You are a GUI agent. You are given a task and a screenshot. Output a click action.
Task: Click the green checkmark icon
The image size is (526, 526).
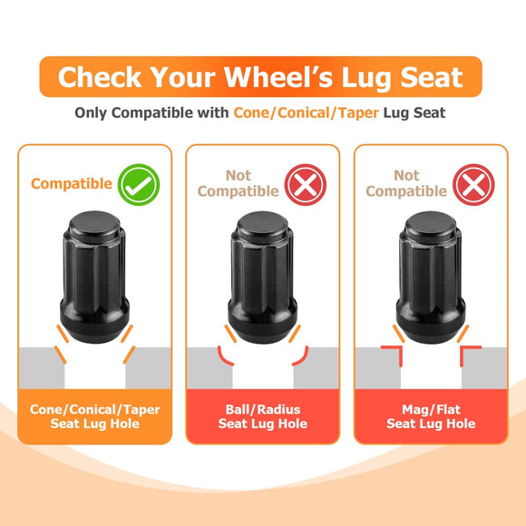tap(139, 184)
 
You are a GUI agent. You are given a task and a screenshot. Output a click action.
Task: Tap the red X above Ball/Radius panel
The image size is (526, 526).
tap(306, 184)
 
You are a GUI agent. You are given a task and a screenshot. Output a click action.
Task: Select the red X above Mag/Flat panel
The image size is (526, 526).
tap(473, 184)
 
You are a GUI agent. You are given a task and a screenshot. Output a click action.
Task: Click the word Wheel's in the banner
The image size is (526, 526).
tap(278, 77)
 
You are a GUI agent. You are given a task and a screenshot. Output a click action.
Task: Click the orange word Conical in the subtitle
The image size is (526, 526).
tap(304, 112)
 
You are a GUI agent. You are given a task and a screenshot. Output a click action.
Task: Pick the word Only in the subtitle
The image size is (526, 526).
tap(91, 113)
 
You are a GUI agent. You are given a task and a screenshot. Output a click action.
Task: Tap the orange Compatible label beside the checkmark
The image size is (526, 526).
tap(72, 184)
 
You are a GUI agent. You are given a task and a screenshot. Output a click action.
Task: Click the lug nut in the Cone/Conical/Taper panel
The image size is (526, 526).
tap(94, 277)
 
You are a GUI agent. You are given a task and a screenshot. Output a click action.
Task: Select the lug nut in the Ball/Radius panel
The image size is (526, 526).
tap(263, 277)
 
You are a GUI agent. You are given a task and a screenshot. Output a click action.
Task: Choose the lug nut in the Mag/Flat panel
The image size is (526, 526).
tap(431, 277)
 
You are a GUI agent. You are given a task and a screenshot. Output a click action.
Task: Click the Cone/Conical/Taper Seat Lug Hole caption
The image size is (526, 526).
tap(95, 416)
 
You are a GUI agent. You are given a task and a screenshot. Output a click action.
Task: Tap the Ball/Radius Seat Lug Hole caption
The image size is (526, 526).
tap(263, 416)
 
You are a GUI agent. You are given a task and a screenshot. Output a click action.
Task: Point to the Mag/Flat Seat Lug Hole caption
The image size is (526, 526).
tap(431, 416)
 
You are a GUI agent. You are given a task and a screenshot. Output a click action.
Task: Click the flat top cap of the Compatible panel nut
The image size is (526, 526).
tap(94, 223)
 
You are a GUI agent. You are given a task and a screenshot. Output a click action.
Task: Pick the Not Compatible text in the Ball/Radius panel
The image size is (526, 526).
tap(239, 183)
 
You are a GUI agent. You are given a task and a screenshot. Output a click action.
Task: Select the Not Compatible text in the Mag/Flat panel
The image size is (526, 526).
tap(406, 183)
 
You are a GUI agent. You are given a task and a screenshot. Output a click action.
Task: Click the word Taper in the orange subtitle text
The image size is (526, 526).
tap(358, 112)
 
